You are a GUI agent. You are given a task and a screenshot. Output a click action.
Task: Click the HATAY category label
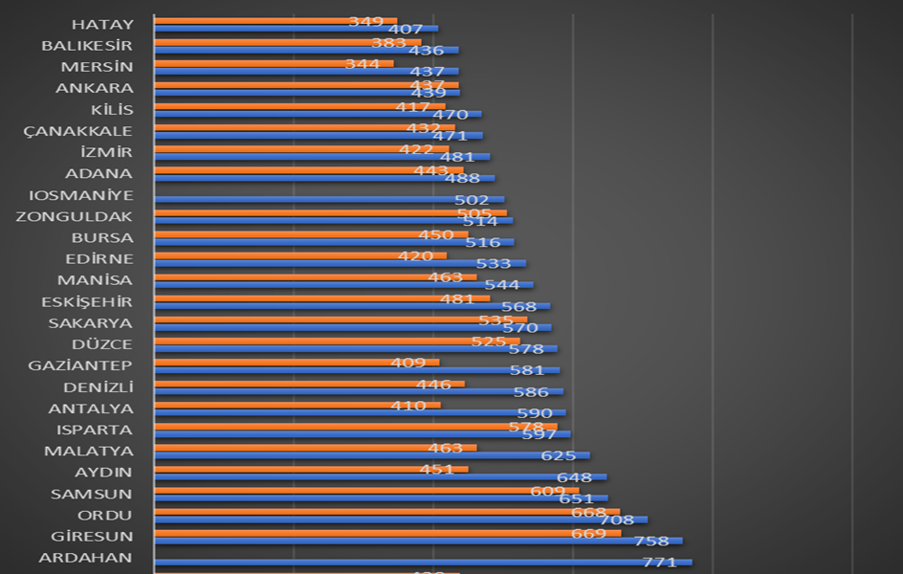102,24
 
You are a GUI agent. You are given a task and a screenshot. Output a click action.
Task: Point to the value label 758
651,541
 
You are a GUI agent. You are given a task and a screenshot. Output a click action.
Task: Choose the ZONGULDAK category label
75,216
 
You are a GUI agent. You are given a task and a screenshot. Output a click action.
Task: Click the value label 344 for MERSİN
363,63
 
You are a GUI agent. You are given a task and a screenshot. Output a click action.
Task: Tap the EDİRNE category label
99,258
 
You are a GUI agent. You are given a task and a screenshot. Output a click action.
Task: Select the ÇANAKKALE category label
78,131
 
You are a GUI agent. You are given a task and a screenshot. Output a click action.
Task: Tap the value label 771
659,563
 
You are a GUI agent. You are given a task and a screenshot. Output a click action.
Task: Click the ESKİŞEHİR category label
87,301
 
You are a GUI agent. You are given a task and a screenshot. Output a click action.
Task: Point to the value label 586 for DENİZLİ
531,391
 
